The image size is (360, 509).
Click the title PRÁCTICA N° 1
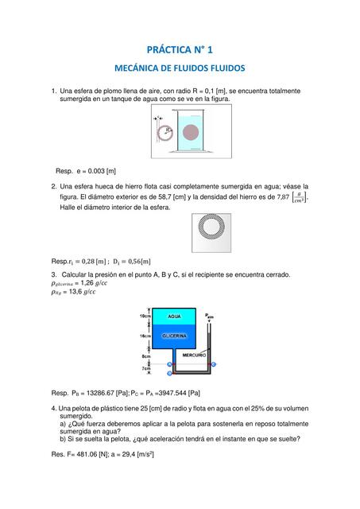(180, 49)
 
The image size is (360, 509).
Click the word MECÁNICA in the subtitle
(142, 69)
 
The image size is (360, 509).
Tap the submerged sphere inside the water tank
(191, 130)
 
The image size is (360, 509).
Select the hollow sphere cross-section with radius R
(165, 131)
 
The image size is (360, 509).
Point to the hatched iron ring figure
(212, 233)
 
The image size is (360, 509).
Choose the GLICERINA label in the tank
(174, 336)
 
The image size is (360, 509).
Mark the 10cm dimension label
(145, 317)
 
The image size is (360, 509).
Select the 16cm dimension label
(145, 336)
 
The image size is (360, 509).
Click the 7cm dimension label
(145, 369)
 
